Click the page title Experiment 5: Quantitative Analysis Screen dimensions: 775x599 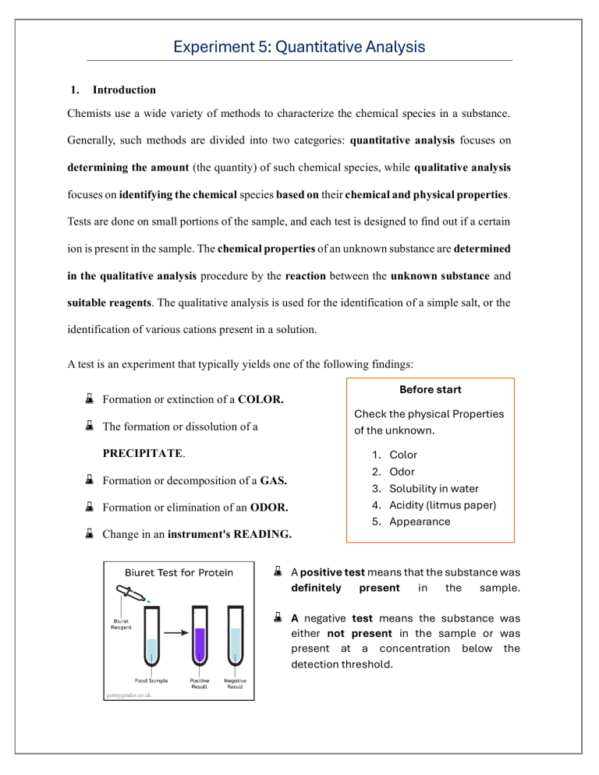299,47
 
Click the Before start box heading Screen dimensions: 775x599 430,389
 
